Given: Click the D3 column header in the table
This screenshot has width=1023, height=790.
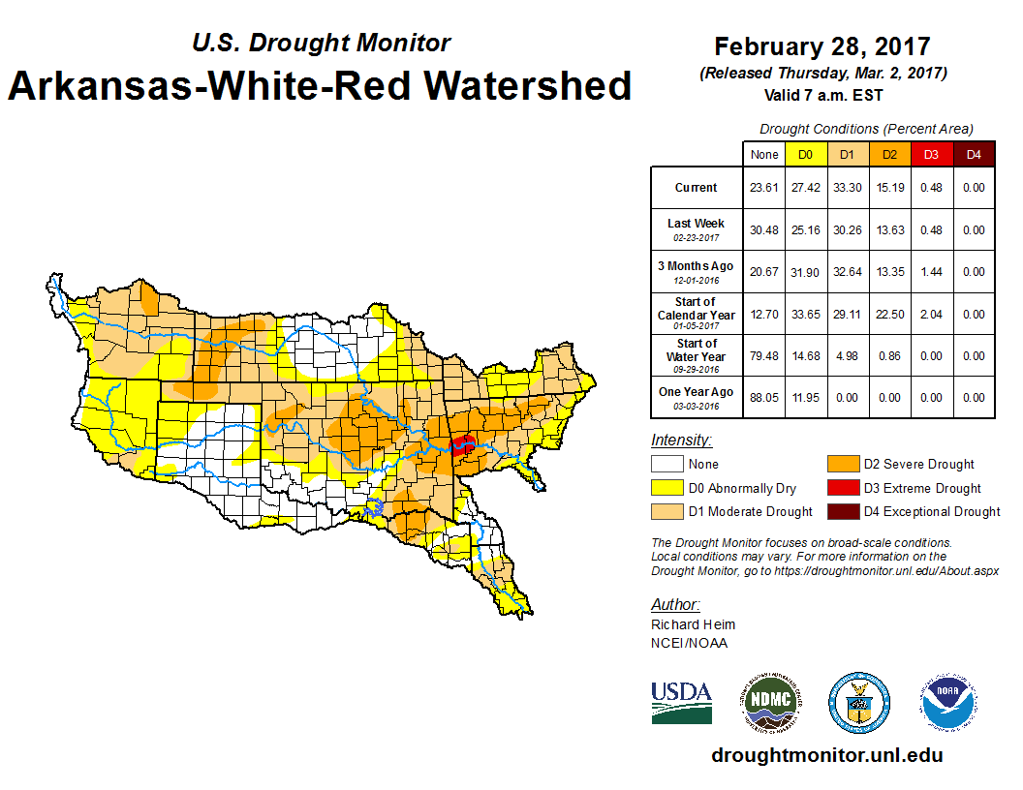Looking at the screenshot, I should point(931,154).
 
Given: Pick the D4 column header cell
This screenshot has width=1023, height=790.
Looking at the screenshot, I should point(974,154).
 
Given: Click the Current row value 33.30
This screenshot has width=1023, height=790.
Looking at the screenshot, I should point(847,188).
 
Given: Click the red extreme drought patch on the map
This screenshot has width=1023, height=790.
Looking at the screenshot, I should point(463,446).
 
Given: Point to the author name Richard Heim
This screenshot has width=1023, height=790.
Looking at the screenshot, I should point(693,624).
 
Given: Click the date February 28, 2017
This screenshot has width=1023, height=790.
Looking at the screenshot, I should point(822,46).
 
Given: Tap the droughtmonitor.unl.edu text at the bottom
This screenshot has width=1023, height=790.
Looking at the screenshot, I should point(826,755).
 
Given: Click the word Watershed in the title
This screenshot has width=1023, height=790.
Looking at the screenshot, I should point(520,85).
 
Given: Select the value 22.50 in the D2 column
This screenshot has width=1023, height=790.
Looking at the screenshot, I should point(889,314).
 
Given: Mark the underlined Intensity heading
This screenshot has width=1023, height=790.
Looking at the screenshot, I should point(681,441).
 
